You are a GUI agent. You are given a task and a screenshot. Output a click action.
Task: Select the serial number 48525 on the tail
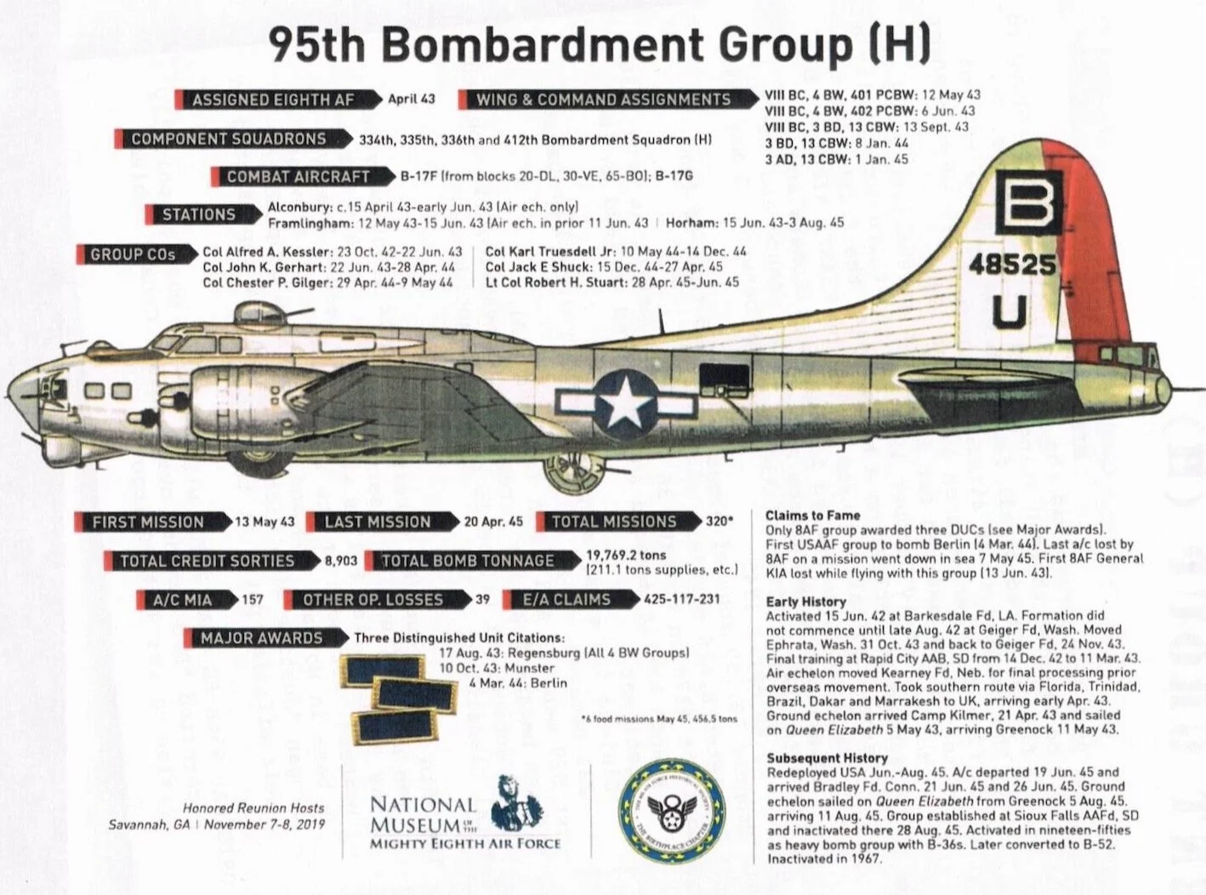point(1012,265)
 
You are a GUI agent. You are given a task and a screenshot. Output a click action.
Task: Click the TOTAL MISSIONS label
point(613,522)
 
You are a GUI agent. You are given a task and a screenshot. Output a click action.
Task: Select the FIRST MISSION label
point(148,522)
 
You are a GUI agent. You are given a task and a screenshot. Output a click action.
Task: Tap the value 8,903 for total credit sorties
point(340,562)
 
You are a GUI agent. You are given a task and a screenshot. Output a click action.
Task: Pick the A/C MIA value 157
point(253,600)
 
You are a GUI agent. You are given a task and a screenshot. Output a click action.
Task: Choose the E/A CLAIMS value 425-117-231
point(682,599)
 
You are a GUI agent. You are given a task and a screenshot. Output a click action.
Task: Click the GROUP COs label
point(133,254)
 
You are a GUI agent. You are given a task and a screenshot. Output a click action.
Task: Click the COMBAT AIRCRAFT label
point(299,177)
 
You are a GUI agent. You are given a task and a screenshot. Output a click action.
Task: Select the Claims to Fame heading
point(812,515)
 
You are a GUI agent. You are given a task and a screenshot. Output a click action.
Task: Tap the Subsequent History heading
point(827,758)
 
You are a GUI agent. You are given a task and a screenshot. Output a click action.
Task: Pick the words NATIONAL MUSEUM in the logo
point(423,814)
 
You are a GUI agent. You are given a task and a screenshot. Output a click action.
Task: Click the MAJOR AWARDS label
point(261,638)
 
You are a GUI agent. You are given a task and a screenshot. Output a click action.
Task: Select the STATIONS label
point(199,214)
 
